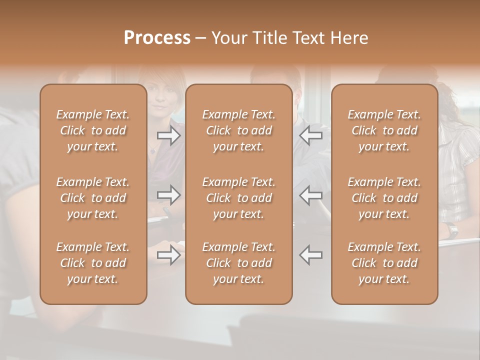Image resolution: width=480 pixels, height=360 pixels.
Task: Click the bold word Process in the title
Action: tap(157, 38)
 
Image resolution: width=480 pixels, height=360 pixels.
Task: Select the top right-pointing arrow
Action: tap(169, 135)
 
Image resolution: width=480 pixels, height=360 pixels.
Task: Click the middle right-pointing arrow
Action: tap(169, 195)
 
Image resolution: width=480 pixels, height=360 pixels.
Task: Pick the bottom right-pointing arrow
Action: tap(169, 255)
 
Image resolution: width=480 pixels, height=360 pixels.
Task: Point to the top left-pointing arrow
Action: tap(311, 135)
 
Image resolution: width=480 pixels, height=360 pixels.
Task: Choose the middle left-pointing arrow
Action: tap(311, 195)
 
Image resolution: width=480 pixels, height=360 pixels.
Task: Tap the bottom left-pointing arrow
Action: tap(311, 255)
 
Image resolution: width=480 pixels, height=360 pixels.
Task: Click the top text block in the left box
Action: tap(93, 130)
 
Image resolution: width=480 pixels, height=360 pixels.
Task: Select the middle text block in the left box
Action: tap(93, 198)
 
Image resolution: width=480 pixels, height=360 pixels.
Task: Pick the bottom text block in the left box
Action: tap(93, 263)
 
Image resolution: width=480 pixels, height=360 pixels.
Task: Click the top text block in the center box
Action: tap(238, 130)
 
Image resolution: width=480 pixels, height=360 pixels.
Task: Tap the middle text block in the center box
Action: tap(238, 198)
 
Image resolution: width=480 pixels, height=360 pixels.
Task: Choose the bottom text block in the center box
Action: tap(238, 263)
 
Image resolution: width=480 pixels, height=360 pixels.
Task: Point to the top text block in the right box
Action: tap(384, 130)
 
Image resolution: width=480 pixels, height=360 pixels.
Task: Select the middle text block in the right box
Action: tap(384, 198)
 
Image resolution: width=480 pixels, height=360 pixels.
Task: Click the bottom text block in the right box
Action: tap(384, 263)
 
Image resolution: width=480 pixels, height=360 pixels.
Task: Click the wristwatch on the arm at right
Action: tap(452, 230)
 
